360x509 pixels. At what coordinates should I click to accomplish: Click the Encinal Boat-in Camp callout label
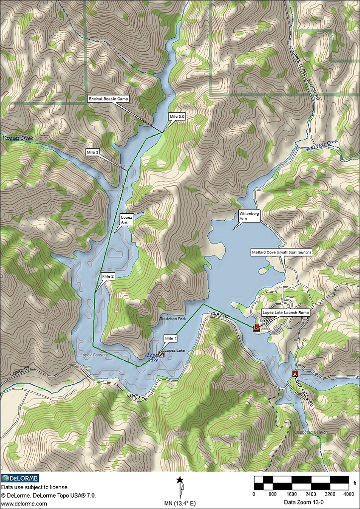(108, 99)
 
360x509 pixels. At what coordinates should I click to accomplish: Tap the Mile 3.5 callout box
(177, 116)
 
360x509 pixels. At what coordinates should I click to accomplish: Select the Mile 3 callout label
(92, 152)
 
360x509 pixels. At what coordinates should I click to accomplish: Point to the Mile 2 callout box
(108, 276)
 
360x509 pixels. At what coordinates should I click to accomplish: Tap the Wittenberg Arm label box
(250, 215)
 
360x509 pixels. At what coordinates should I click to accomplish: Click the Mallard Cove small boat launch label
(281, 253)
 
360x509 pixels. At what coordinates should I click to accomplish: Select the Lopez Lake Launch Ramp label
(285, 313)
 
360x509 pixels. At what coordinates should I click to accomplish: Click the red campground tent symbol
(295, 373)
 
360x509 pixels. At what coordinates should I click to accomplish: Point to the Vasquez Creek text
(17, 138)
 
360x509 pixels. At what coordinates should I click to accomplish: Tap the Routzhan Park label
(172, 318)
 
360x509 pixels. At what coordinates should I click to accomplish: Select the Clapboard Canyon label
(311, 432)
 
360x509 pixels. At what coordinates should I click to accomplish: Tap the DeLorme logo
(20, 478)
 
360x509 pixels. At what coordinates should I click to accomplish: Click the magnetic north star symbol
(180, 480)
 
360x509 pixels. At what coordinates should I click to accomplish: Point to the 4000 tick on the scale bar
(349, 494)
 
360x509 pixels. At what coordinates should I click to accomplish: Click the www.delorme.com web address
(21, 503)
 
